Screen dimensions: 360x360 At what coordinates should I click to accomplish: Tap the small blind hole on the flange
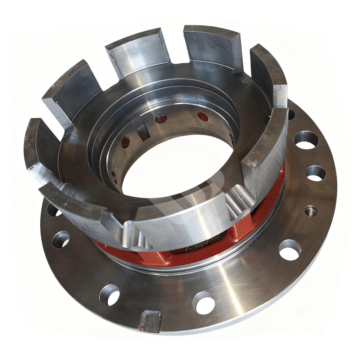click(x=311, y=211)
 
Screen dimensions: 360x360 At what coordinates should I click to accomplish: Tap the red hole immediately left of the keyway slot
click(x=126, y=142)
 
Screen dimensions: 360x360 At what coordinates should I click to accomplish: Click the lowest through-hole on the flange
click(x=203, y=302)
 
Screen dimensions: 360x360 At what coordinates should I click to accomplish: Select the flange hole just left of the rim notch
click(x=109, y=295)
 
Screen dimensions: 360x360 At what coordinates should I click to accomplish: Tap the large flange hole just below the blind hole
click(x=290, y=250)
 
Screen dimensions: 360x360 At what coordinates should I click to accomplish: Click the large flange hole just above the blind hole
click(x=316, y=173)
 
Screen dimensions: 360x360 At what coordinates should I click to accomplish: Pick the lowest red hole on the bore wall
click(x=114, y=176)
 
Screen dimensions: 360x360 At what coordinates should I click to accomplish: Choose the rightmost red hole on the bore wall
click(x=203, y=116)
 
